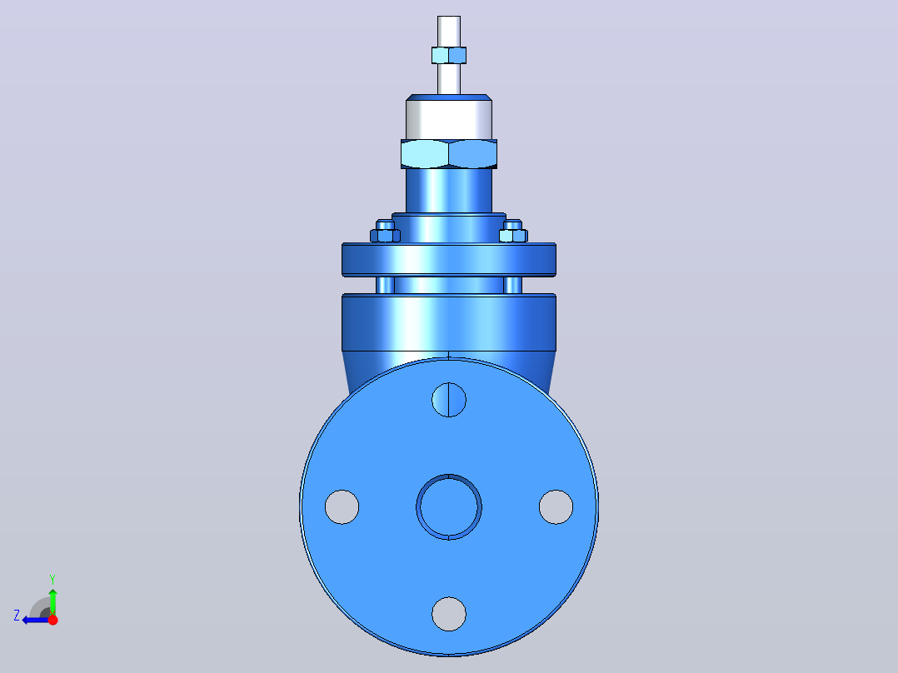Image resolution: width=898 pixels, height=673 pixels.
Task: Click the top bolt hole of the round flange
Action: [x=449, y=400]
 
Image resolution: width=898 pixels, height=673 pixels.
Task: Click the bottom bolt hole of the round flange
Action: [x=449, y=614]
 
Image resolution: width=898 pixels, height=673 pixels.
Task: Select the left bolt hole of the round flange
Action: [x=342, y=507]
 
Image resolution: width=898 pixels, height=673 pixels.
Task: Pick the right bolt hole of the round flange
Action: [x=556, y=507]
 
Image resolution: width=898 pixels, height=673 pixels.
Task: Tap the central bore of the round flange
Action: [x=449, y=507]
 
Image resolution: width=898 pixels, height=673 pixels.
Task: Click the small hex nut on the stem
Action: [x=449, y=55]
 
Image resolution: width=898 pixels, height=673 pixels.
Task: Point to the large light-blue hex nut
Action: [x=449, y=153]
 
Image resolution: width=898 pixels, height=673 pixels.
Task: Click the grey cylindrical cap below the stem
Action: [x=449, y=119]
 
